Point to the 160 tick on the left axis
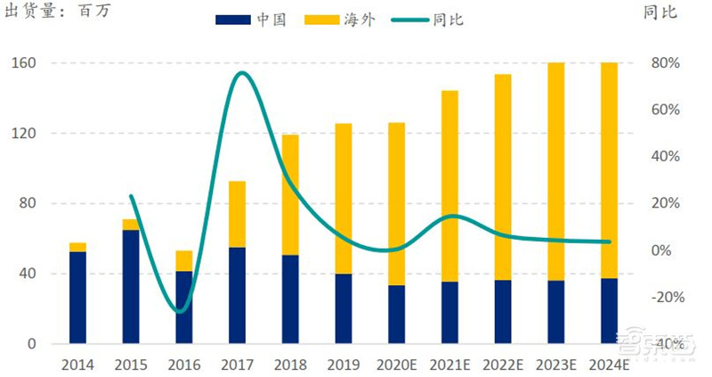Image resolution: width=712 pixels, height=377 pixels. coord(23,63)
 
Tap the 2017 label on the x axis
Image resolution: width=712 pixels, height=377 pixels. coord(238,365)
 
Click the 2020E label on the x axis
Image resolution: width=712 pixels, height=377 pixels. coord(396,365)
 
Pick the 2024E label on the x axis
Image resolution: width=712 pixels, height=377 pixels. coord(610,365)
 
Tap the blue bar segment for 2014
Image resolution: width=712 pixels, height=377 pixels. coord(78,297)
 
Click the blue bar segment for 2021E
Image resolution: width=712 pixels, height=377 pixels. coord(449,312)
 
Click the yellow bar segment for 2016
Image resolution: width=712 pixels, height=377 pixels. coord(183,260)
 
